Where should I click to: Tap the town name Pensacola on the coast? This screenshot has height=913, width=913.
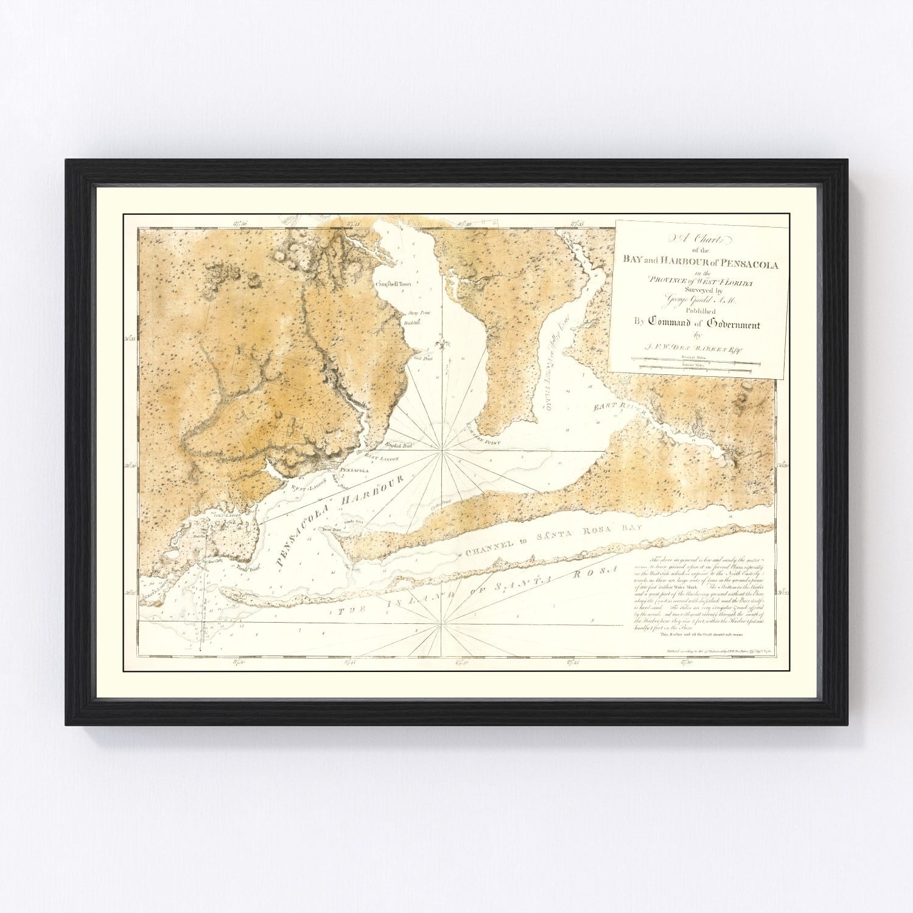[354, 470]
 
